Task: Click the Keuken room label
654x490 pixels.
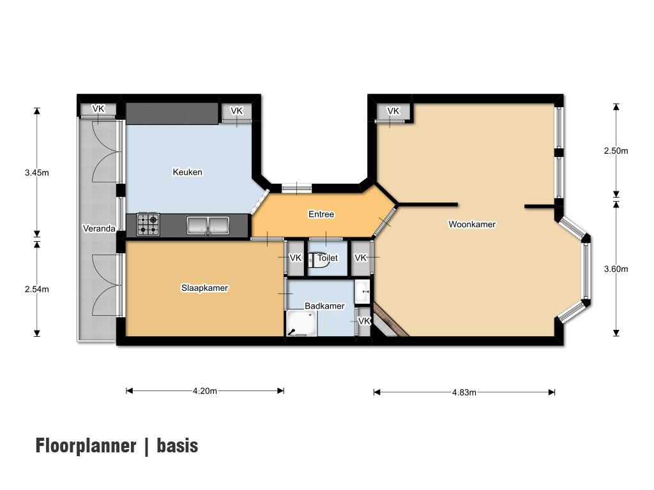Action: point(187,172)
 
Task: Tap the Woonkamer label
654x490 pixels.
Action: point(472,224)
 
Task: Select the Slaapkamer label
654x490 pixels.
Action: point(204,288)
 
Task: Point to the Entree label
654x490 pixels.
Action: point(321,214)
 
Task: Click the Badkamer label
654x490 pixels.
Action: point(324,306)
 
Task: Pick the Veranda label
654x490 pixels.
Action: point(99,228)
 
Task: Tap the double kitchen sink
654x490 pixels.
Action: point(208,225)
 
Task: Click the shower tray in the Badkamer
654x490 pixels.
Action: point(301,323)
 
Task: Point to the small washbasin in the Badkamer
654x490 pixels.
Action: point(362,292)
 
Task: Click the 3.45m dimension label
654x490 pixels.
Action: point(36,172)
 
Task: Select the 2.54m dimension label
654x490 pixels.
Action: point(36,289)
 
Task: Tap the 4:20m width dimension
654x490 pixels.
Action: point(205,391)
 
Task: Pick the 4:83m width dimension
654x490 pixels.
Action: point(464,392)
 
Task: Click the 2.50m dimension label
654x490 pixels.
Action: point(616,151)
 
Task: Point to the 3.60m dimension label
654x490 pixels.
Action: point(616,269)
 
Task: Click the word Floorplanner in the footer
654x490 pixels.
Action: point(86,445)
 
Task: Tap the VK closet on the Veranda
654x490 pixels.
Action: point(98,109)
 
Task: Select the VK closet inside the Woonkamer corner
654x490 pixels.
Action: point(393,111)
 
